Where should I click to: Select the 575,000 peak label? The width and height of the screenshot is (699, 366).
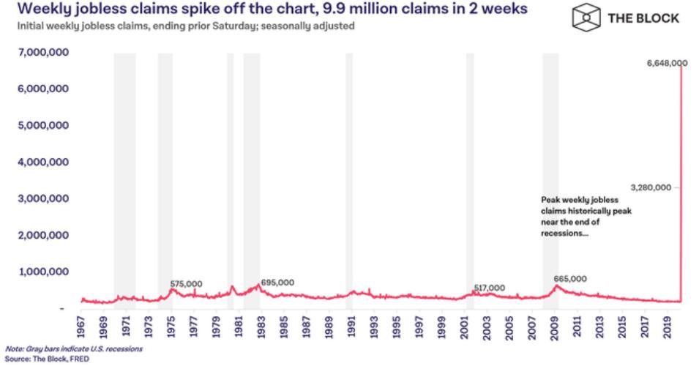point(186,283)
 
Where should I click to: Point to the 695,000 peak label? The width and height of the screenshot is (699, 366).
point(277,283)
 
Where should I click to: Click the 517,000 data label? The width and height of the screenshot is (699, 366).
point(488,288)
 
